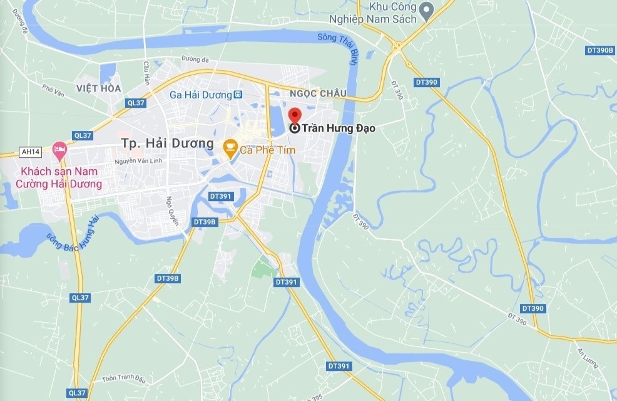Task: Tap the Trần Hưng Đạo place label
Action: coord(339,128)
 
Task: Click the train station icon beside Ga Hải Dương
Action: coord(238,95)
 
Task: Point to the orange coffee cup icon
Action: coord(230,147)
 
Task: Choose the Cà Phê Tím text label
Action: coord(268,149)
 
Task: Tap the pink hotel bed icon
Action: coord(59,150)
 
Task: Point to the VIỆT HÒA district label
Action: coord(99,88)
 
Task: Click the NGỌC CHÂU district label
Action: coord(317,93)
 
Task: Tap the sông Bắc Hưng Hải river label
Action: coord(73,234)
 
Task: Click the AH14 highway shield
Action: coord(29,151)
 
